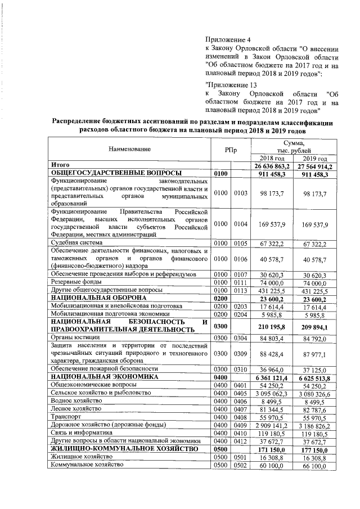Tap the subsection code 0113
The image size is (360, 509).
[241, 289]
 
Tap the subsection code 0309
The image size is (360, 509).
[241, 352]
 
